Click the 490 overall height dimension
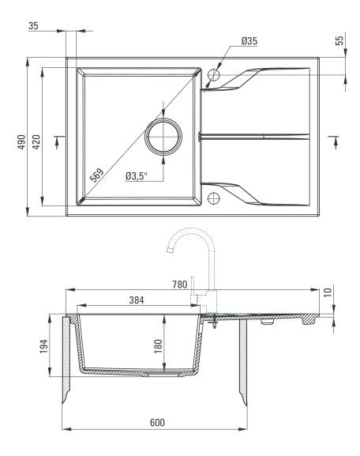pos(22,141)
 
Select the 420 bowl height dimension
pos(36,141)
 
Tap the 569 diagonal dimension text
pos(96,175)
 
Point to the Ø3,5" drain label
pos(137,176)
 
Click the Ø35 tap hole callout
pos(249,41)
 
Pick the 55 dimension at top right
pos(339,39)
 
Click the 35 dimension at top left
pos(33,26)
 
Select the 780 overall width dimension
pos(180,285)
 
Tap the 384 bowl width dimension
pos(137,300)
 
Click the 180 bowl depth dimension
pos(158,346)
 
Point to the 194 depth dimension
pos(43,346)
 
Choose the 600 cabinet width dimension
pos(157,422)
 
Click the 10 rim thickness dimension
pos(328,292)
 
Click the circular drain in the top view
pos(163,137)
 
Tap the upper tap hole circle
pos(214,75)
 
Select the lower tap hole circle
pos(214,198)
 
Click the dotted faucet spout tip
pos(170,250)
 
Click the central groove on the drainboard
pos(254,137)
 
